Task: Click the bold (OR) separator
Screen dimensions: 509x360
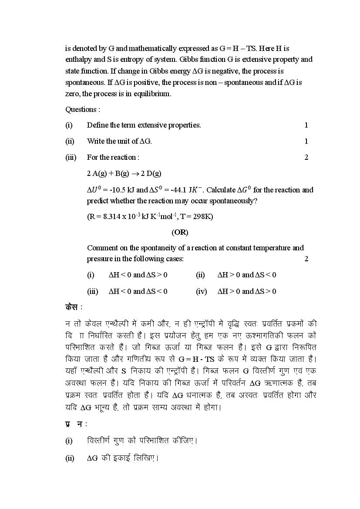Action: (180, 232)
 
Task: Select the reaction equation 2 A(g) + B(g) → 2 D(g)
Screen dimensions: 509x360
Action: (124, 173)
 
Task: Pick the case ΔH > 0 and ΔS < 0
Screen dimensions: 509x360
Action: (247, 275)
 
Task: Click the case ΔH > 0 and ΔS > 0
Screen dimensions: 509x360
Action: (247, 291)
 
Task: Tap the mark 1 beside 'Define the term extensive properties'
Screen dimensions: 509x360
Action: (306, 125)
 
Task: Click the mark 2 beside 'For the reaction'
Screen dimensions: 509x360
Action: (306, 157)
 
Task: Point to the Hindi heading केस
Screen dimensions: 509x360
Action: (71, 307)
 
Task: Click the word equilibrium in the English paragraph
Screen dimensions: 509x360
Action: (153, 94)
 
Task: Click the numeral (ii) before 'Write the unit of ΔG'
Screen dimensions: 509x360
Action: (70, 141)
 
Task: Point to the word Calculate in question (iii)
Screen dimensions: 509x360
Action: (220, 190)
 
